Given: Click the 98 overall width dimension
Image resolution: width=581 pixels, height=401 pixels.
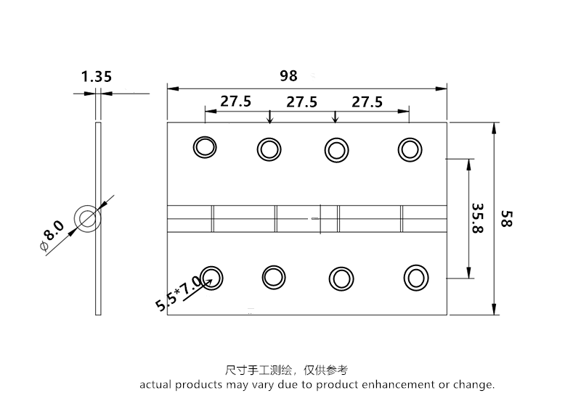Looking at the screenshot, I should [290, 75].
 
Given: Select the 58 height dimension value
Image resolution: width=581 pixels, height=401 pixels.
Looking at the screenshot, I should [507, 220].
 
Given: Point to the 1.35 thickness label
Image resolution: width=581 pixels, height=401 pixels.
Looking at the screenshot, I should [97, 75].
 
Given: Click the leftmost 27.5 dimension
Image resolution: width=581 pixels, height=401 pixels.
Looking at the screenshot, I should [236, 102].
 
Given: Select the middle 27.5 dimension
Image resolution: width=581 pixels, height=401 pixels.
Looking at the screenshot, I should [301, 102].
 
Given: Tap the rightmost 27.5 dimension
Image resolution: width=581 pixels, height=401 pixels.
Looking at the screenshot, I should [367, 102].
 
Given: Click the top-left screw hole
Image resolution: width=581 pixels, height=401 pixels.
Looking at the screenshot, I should [205, 147].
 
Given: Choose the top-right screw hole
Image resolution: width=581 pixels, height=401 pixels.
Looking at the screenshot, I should [410, 149].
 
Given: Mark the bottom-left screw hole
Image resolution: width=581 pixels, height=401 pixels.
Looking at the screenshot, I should [211, 276].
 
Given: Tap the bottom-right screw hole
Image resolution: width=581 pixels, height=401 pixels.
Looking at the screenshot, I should [415, 277].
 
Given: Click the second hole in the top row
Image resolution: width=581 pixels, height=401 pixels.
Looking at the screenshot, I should [268, 149].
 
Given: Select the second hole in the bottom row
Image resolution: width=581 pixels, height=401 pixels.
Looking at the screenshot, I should [274, 276].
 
